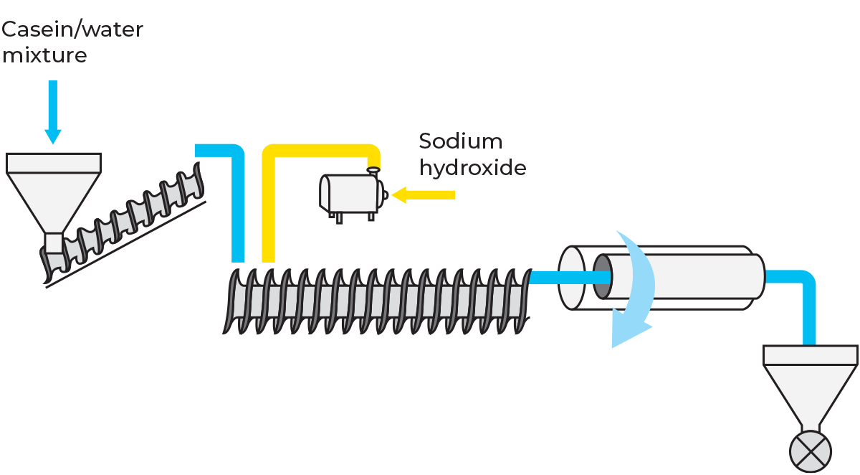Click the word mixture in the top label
click(44, 55)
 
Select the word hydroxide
click(472, 168)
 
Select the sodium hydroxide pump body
click(350, 194)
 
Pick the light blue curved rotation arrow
click(634, 291)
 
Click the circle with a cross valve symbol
click(811, 452)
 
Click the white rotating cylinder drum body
click(702, 276)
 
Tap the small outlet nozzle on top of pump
click(373, 171)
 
